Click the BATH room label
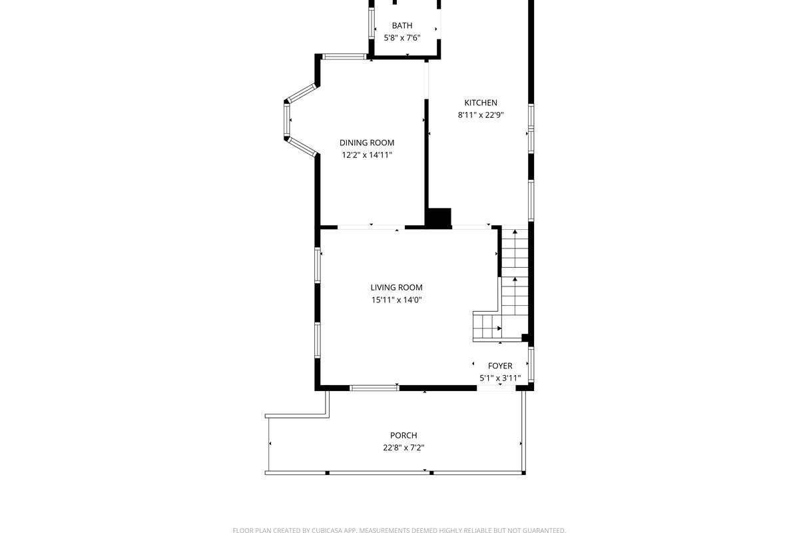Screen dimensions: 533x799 pos(402,26)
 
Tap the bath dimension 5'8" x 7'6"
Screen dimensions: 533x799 pos(402,38)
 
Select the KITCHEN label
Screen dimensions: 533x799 pos(481,103)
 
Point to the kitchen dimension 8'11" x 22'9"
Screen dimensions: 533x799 pos(481,115)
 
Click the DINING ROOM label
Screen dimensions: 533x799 pos(367,143)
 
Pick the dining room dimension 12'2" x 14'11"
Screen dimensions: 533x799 pos(367,155)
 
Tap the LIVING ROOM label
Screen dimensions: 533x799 pos(397,288)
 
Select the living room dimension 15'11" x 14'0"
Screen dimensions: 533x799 pos(397,300)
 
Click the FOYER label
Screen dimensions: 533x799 pos(500,366)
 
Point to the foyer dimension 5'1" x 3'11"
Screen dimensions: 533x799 pos(500,378)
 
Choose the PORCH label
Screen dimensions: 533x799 pos(403,436)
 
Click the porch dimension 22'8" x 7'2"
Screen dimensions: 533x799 pos(403,448)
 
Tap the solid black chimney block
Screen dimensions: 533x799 pos(439,219)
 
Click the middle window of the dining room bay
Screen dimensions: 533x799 pos(287,121)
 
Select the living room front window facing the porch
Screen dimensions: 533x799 pos(374,388)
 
